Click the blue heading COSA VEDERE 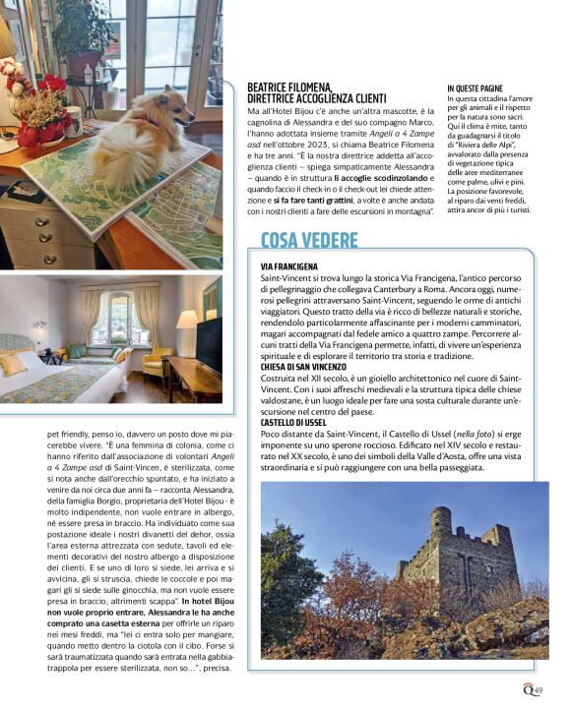tap(309, 240)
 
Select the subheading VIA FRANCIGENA tap(288, 266)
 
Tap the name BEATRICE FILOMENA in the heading tap(289, 88)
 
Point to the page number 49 tap(538, 690)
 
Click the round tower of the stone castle tap(442, 521)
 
